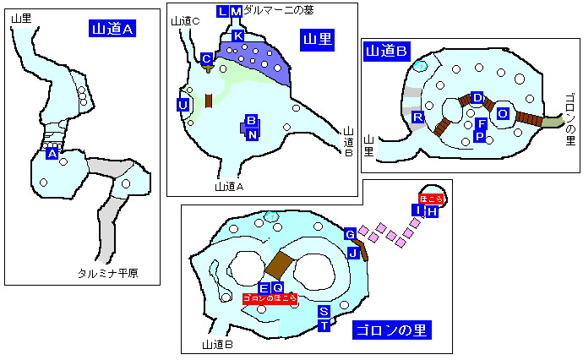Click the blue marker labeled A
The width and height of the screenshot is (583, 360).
pos(52,154)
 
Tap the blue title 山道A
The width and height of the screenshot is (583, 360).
pos(112,29)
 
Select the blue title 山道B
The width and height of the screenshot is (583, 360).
pos(386,52)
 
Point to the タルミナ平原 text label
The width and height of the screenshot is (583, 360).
pos(108,273)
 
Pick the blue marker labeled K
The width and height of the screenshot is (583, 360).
pos(238,36)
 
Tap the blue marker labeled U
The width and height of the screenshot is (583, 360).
pos(183,104)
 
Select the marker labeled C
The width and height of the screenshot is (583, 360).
pos(206,58)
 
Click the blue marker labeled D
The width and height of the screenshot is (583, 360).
pos(477,99)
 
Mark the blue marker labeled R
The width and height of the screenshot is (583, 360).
pos(417,117)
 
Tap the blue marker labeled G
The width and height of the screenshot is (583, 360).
pos(349,234)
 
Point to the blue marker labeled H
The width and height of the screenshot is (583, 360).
pos(432,211)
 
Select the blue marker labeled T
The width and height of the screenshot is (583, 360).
pos(323,325)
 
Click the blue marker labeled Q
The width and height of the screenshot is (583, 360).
pos(276,288)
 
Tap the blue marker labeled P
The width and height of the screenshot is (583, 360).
pos(480,136)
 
